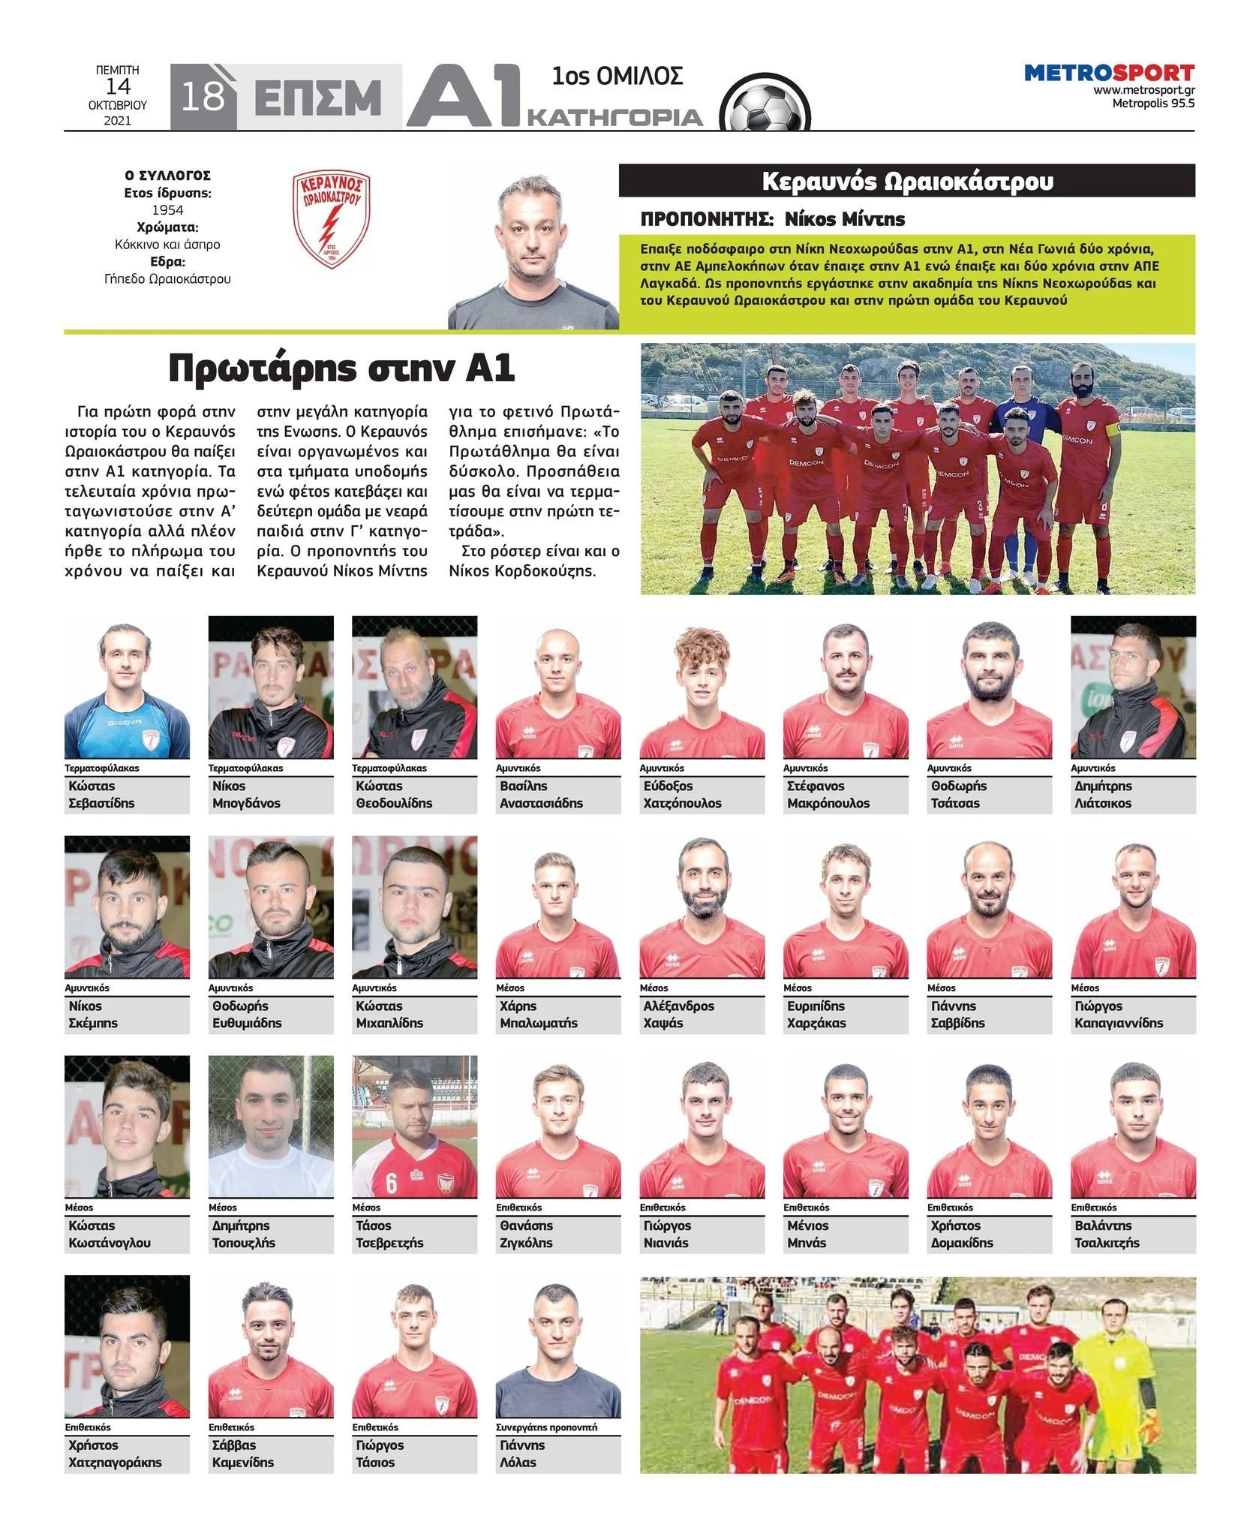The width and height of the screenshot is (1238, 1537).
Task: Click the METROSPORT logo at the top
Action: point(1109,74)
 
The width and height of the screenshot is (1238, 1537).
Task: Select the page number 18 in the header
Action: point(203,97)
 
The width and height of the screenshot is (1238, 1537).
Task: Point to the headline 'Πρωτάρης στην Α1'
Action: point(341,368)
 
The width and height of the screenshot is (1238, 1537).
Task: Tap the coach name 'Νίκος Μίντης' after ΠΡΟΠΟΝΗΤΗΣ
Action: point(844,219)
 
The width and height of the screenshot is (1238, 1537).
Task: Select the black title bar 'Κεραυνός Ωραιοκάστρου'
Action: point(906,182)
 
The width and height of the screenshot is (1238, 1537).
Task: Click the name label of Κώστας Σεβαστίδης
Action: point(127,795)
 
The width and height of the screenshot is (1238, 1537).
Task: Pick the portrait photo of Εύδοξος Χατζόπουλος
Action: point(702,687)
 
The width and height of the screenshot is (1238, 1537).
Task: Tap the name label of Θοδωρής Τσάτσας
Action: point(989,795)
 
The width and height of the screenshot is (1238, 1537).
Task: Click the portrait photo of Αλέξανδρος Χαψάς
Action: point(702,907)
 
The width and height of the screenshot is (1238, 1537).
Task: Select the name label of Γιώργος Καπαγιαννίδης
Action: point(1132,1015)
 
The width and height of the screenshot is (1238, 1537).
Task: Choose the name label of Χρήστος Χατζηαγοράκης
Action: point(127,1454)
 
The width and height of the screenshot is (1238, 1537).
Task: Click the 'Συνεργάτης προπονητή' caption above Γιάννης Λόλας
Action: point(547,1427)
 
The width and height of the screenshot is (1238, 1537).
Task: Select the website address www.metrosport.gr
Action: point(1143,90)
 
